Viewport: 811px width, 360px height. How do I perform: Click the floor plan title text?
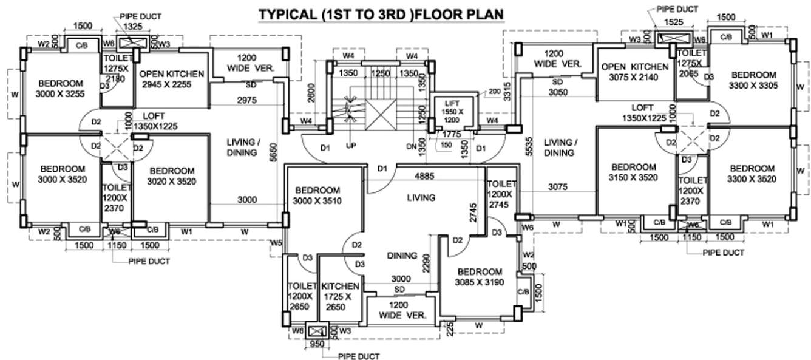(x=381, y=13)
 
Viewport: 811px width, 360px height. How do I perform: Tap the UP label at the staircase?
(x=350, y=146)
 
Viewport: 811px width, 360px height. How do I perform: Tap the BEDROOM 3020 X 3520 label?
(x=172, y=175)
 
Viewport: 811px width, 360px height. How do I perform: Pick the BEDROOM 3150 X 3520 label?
(x=633, y=172)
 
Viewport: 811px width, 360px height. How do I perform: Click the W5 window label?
(x=276, y=243)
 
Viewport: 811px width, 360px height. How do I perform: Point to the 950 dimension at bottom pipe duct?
(x=317, y=344)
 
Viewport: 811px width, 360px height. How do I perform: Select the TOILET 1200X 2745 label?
(x=501, y=195)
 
